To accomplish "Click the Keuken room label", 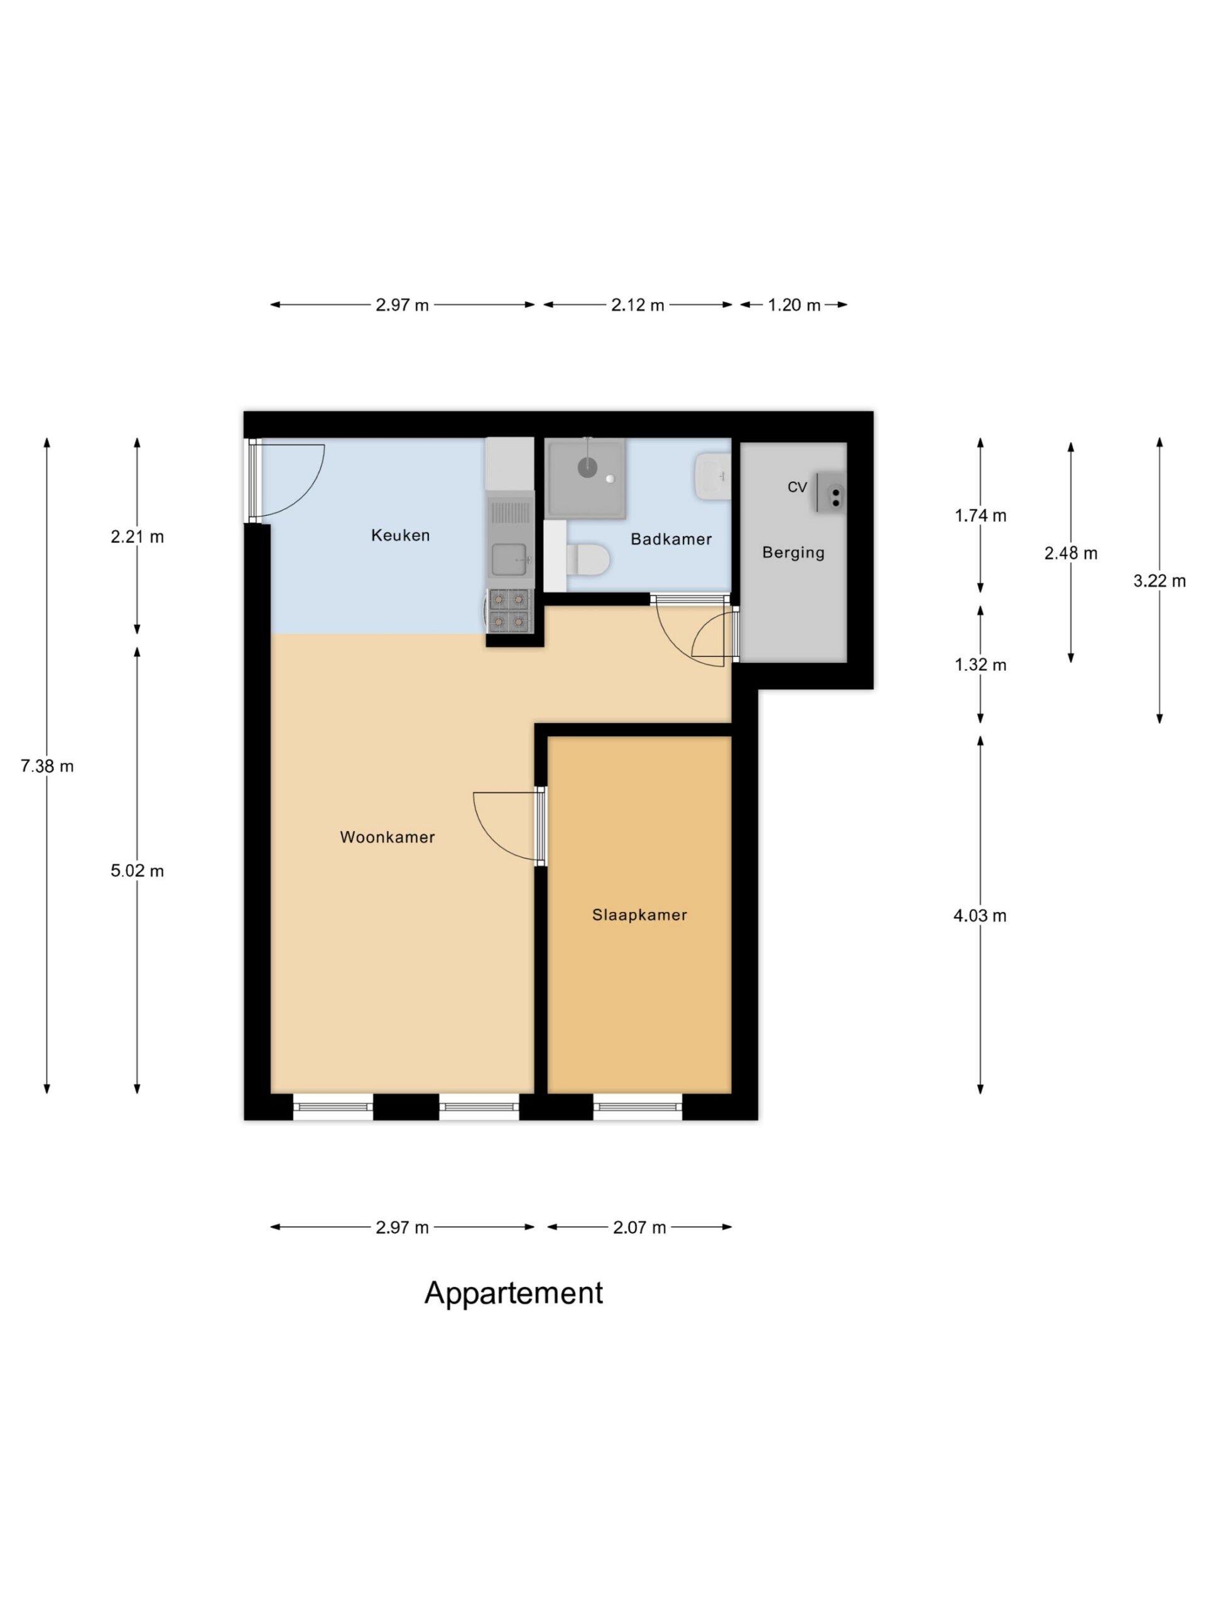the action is click(400, 536).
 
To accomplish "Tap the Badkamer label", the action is click(670, 540).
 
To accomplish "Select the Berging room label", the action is click(792, 553).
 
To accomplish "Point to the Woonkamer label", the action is click(387, 837).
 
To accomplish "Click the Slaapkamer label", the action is click(639, 915).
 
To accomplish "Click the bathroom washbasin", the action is click(712, 477).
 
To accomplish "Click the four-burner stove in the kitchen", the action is click(508, 610).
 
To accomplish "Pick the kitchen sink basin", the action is click(509, 559).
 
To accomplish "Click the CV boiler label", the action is click(796, 487).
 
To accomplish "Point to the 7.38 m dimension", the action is click(47, 766).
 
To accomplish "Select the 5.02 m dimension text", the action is click(137, 871).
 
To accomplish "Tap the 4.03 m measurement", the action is click(979, 916).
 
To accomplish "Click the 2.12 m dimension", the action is click(637, 305).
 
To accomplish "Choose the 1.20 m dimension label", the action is click(794, 305).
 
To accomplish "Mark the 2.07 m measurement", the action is click(639, 1228).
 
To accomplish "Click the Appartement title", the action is click(513, 1293).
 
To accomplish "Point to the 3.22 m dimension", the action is click(1159, 581).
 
